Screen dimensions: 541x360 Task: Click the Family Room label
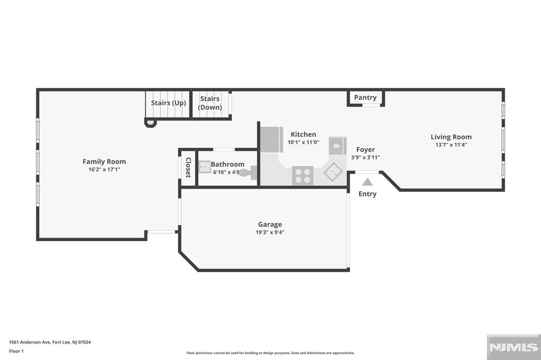(x=104, y=162)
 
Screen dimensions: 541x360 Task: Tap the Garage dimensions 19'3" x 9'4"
(x=270, y=232)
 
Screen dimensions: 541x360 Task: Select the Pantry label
(x=366, y=98)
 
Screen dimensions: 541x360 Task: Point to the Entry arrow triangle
(x=368, y=182)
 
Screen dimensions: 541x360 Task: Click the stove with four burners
(x=303, y=176)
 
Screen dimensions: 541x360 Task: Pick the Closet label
(x=189, y=167)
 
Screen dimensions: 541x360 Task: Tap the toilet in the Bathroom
(x=249, y=173)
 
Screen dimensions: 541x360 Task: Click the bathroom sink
(x=204, y=167)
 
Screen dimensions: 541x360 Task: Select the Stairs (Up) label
(x=169, y=103)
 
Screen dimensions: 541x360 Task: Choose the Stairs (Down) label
(x=210, y=103)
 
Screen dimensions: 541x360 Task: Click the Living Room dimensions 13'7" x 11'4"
(x=451, y=145)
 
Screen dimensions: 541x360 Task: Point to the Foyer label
(x=366, y=150)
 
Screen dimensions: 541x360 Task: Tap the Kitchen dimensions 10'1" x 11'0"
(x=303, y=143)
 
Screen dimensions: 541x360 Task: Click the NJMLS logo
(x=514, y=347)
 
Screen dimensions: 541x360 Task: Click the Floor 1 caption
(x=16, y=352)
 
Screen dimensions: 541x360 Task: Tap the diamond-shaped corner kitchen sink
(x=333, y=172)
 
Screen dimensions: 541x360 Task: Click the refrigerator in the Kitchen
(x=272, y=140)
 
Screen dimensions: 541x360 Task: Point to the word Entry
(x=368, y=194)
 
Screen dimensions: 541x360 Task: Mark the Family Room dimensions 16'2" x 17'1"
(x=104, y=169)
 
